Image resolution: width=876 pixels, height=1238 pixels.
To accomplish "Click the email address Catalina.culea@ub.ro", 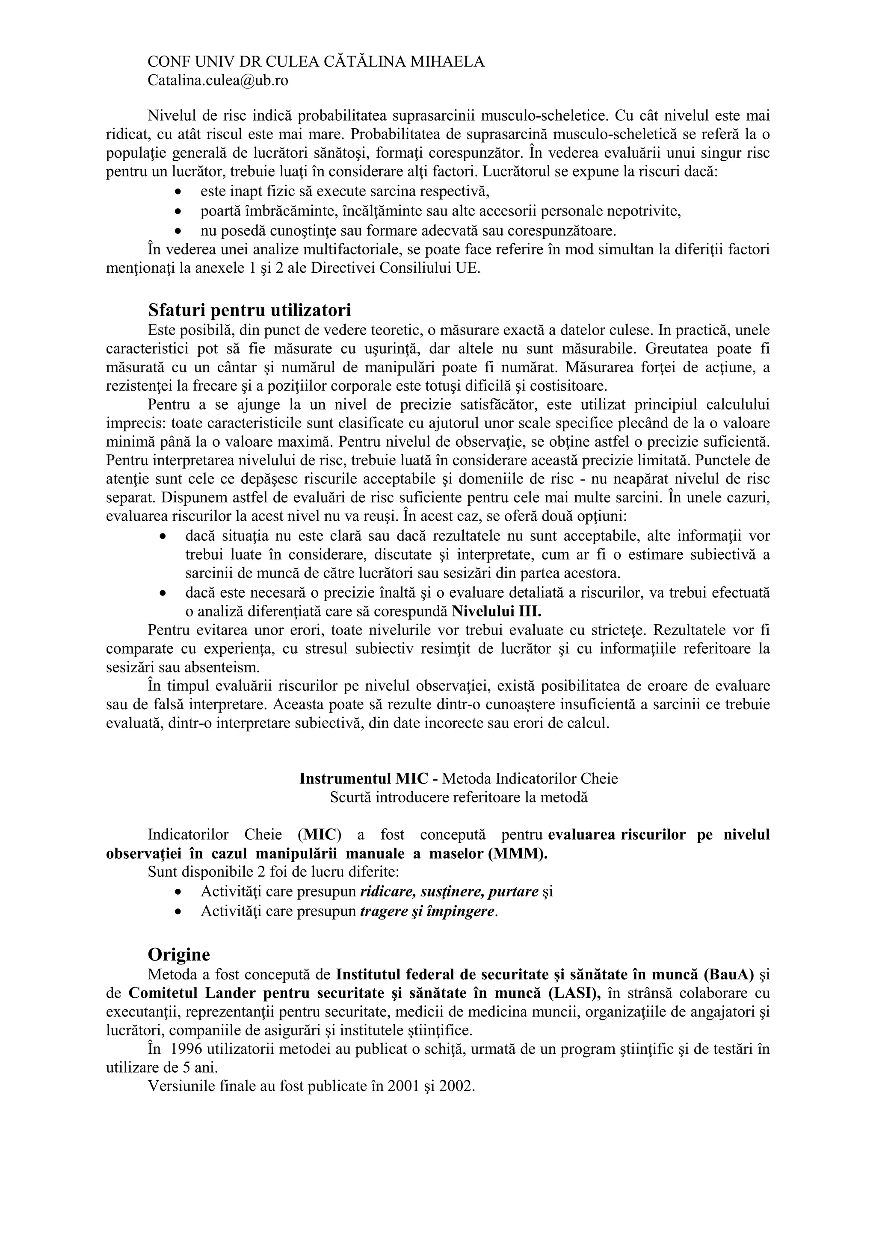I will click(217, 80).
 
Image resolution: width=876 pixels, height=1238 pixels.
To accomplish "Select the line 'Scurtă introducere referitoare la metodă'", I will click(459, 797).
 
